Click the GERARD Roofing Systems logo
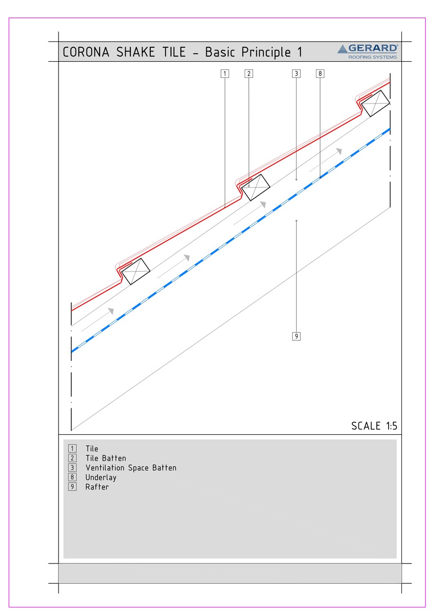tap(368, 51)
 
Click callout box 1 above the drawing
tap(225, 74)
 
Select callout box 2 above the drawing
tap(249, 74)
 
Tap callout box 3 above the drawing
tap(296, 74)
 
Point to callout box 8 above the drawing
tap(320, 74)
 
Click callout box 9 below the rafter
tap(296, 336)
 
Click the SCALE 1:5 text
tap(374, 426)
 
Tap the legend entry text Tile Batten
tap(106, 458)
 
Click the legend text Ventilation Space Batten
tap(131, 468)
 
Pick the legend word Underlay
tap(101, 477)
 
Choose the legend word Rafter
tap(97, 487)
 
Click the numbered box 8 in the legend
tap(72, 477)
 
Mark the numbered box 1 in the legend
tap(72, 448)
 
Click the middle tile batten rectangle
tap(255, 187)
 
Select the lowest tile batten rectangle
tap(136, 271)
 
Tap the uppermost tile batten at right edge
tap(375, 103)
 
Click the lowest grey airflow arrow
tap(98, 320)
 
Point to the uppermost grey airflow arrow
tap(326, 160)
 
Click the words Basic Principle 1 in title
tap(253, 52)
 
